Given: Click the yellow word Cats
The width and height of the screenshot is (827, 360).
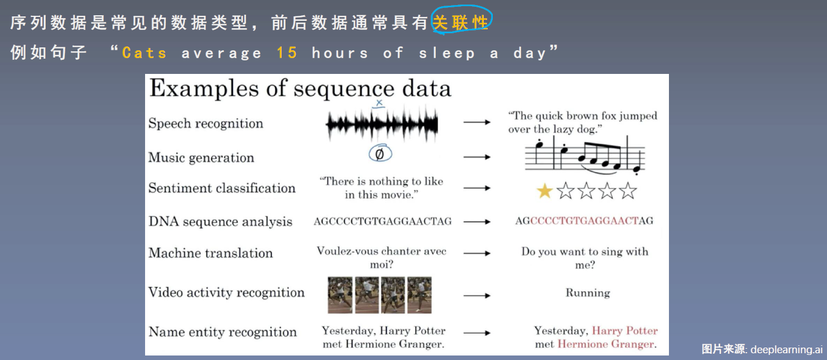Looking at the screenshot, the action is (144, 52).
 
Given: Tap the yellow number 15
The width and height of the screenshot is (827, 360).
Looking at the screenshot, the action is (287, 52).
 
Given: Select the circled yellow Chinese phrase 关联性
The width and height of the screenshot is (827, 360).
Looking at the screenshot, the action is (460, 23).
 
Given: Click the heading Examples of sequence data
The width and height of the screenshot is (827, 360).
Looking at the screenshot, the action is (300, 89).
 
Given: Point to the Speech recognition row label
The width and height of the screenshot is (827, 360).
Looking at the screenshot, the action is (205, 123).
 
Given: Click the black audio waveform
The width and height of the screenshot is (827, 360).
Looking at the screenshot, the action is (382, 124).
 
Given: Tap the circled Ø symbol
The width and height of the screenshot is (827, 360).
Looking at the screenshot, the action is (380, 153).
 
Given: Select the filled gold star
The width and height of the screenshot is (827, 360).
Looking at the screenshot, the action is (545, 191).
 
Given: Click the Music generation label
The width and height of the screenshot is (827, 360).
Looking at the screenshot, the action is (201, 158).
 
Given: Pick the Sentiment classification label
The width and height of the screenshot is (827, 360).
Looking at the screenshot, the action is (222, 188).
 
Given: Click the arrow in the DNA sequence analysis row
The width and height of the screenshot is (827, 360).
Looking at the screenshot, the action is (477, 222).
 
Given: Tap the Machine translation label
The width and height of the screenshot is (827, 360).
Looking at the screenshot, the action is (211, 253).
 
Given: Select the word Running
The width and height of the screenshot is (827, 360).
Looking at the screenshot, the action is (588, 293).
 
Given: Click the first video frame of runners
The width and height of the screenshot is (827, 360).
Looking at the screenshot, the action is (340, 295).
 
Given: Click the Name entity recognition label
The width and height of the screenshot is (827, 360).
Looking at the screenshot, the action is (222, 332).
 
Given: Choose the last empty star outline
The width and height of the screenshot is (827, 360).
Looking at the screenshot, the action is (628, 191).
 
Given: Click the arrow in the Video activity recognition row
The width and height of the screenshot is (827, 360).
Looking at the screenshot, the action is (477, 296).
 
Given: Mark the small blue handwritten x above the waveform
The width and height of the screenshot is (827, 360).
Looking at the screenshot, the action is (379, 103).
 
